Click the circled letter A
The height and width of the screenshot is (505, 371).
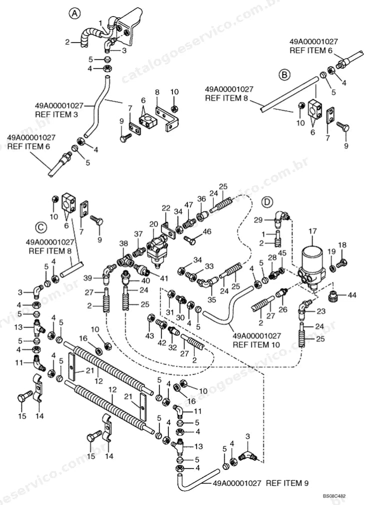click(74, 13)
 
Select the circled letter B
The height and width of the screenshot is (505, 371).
click(284, 74)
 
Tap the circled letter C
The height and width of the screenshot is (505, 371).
click(41, 227)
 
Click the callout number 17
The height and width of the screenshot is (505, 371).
click(312, 231)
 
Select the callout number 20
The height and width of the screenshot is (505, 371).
click(153, 224)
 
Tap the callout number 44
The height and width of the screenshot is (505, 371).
click(352, 294)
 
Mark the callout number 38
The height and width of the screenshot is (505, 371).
click(123, 244)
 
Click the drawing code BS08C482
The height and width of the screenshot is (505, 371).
click(334, 496)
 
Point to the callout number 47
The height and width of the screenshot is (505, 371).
click(188, 205)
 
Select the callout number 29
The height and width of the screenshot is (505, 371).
click(258, 220)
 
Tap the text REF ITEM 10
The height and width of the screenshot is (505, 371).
click(256, 344)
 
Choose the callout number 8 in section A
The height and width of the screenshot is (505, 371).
click(157, 92)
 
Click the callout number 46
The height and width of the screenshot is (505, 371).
click(207, 231)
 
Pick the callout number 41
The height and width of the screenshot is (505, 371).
click(164, 278)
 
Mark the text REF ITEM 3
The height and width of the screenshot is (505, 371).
click(56, 114)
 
